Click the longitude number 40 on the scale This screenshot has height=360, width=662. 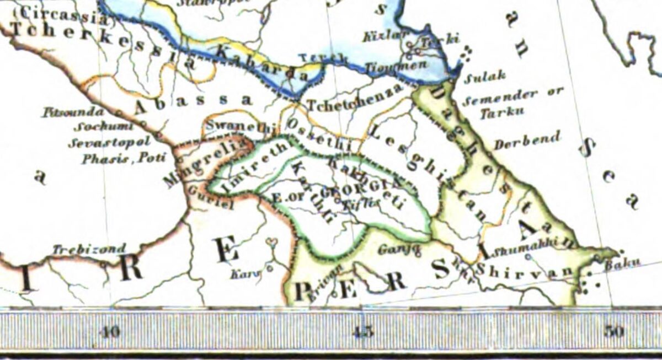(x=111, y=331)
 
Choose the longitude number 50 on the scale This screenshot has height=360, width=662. (x=614, y=331)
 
